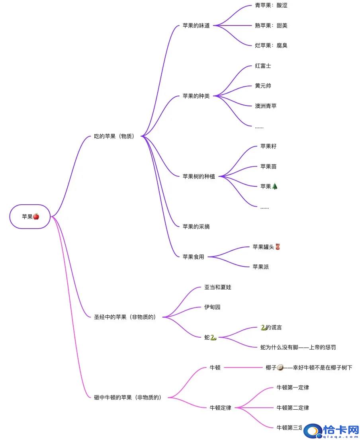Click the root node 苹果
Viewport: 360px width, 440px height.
click(x=30, y=217)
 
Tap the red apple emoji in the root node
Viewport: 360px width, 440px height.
click(x=36, y=216)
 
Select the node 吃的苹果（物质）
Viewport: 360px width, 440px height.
click(x=114, y=136)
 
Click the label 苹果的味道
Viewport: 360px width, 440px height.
click(x=196, y=26)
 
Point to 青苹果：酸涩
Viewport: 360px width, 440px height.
click(x=271, y=6)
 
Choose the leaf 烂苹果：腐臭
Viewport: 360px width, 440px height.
click(x=271, y=45)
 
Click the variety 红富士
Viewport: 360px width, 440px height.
click(x=263, y=66)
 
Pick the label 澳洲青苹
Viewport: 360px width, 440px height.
click(x=266, y=106)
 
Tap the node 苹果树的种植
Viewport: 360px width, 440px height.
click(x=199, y=176)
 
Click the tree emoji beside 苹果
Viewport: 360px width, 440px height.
click(x=275, y=186)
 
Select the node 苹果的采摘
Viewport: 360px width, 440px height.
click(x=196, y=227)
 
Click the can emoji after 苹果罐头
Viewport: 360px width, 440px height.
click(x=278, y=247)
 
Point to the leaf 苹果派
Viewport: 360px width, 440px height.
click(x=261, y=267)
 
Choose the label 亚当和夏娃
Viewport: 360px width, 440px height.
click(x=218, y=287)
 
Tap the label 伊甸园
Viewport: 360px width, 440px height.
click(x=212, y=307)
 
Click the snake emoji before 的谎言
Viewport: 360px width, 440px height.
click(x=263, y=327)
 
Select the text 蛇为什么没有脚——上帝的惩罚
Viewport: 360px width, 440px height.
click(x=298, y=347)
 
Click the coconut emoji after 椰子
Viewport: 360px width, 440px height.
click(x=280, y=368)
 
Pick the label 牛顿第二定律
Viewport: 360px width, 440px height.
click(x=293, y=407)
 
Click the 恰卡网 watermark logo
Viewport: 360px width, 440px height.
click(x=331, y=431)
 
